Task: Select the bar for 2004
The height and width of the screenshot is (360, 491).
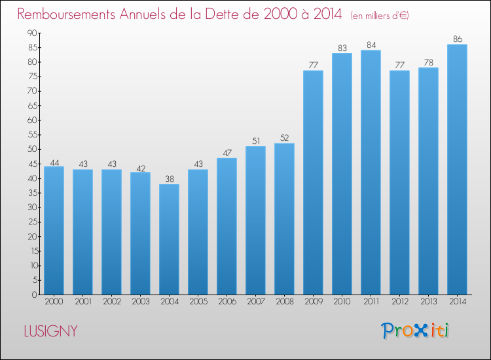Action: tap(169, 239)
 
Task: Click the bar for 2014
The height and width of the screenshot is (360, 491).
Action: tap(457, 170)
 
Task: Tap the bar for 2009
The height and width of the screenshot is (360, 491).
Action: tap(313, 183)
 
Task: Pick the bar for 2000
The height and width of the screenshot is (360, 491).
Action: tap(54, 230)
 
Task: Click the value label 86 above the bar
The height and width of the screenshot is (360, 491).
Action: tap(458, 39)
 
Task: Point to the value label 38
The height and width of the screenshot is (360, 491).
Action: tap(170, 179)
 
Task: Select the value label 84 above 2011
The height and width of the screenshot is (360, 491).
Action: tap(371, 45)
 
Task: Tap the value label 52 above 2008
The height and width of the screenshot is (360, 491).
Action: tap(284, 137)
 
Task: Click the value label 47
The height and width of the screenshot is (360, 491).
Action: tap(227, 153)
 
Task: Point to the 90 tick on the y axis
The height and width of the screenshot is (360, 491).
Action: tap(32, 33)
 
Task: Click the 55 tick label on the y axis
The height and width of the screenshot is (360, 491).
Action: tap(32, 135)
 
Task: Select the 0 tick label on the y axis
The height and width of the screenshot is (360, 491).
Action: tap(35, 295)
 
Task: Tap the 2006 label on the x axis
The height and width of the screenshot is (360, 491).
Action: tap(227, 302)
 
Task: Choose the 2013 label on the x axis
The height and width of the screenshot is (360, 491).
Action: tap(429, 302)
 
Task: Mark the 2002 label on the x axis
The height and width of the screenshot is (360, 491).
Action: tap(112, 302)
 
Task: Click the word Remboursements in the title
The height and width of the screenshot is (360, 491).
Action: tap(66, 14)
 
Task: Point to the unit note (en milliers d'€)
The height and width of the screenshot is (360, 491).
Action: tap(380, 16)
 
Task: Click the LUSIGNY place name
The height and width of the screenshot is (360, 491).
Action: tap(50, 331)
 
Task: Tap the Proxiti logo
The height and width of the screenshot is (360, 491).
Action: tap(415, 331)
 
